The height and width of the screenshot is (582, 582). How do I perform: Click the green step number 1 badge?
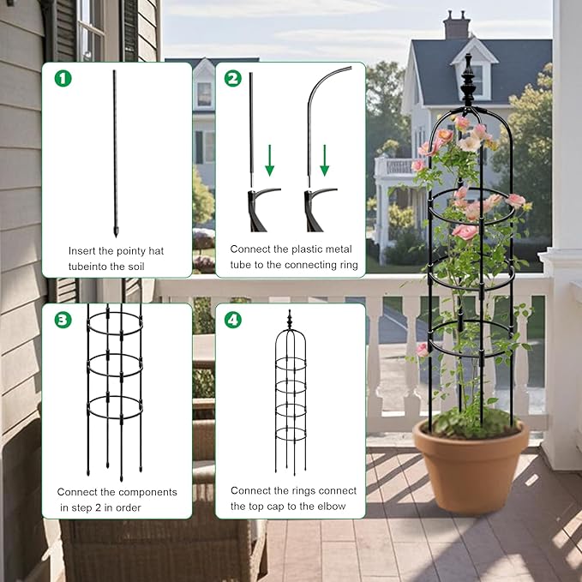click(63, 78)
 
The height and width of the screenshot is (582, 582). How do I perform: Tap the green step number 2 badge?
click(232, 78)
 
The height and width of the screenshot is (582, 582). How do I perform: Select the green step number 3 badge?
click(63, 320)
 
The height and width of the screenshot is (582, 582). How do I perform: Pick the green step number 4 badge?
click(232, 320)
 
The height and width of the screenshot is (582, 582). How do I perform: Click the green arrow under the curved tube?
click(324, 159)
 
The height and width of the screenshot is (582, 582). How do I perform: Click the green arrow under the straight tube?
click(270, 159)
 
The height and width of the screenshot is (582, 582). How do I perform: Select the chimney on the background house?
click(456, 25)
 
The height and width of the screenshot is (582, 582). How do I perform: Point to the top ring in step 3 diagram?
click(114, 327)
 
